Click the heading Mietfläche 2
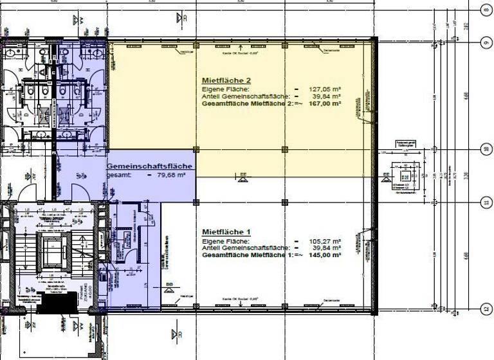[x=226, y=80]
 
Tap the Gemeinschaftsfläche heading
[x=149, y=166]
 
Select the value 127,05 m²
[x=325, y=89]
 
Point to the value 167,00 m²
[x=325, y=103]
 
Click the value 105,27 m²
[x=325, y=241]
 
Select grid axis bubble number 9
[x=486, y=42]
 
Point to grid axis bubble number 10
[x=486, y=149]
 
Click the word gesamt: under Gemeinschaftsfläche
[x=118, y=174]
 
